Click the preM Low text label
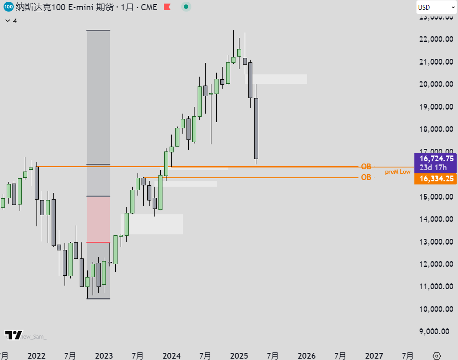pyautogui.click(x=397, y=172)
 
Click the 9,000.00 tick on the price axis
pyautogui.click(x=438, y=331)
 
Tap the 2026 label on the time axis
pyautogui.click(x=306, y=356)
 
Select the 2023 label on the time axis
pyautogui.click(x=104, y=356)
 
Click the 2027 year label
pyautogui.click(x=374, y=356)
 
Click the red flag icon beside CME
pyautogui.click(x=167, y=7)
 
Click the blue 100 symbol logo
pyautogui.click(x=8, y=7)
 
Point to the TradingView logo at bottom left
pyautogui.click(x=13, y=335)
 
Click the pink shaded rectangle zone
pyautogui.click(x=98, y=219)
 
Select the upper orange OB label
pyautogui.click(x=366, y=167)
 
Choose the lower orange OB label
pyautogui.click(x=366, y=177)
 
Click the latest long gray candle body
pyautogui.click(x=256, y=128)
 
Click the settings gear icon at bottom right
pyautogui.click(x=437, y=356)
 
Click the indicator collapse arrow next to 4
pyautogui.click(x=7, y=21)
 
